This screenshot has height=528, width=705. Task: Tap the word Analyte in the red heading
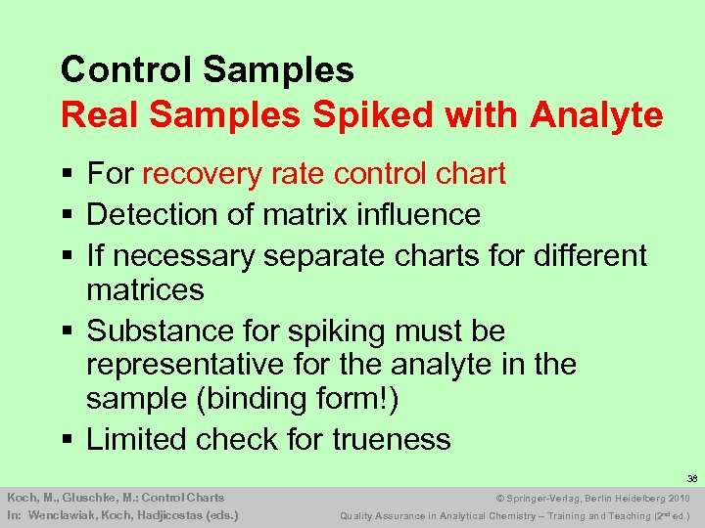596,115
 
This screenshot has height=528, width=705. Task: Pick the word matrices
145,290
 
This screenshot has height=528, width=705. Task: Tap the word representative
183,366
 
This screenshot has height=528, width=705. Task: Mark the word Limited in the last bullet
136,440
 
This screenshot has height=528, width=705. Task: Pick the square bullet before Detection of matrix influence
67,215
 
